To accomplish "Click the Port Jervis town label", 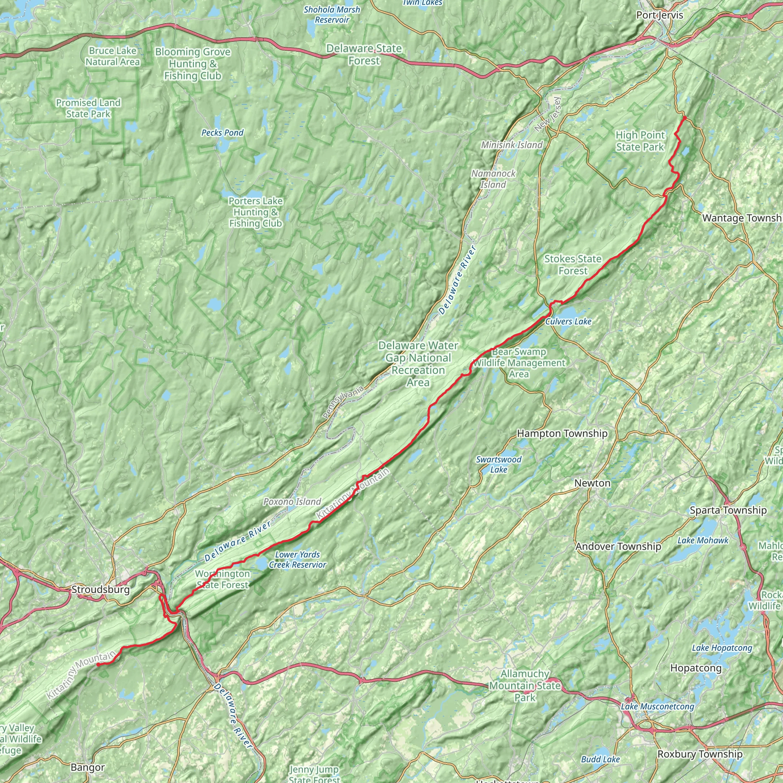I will click(x=660, y=15).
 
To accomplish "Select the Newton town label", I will click(x=592, y=483).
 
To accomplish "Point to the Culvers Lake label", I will click(x=568, y=322).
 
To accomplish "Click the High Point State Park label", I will click(x=640, y=141).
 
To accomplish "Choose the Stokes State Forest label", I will click(x=573, y=265).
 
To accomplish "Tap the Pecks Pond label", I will click(x=223, y=133).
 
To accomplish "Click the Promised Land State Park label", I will click(x=88, y=108).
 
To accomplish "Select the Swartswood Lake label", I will click(x=499, y=465).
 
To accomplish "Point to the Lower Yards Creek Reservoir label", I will click(x=297, y=560).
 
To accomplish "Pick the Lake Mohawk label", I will click(x=703, y=541).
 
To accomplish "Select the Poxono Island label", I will click(x=292, y=502).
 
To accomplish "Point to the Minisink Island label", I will click(x=512, y=145).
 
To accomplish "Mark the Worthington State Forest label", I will click(x=223, y=579).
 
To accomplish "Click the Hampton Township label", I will click(x=562, y=434).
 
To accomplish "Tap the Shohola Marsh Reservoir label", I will click(x=331, y=14).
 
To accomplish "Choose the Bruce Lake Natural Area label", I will click(x=112, y=56).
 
